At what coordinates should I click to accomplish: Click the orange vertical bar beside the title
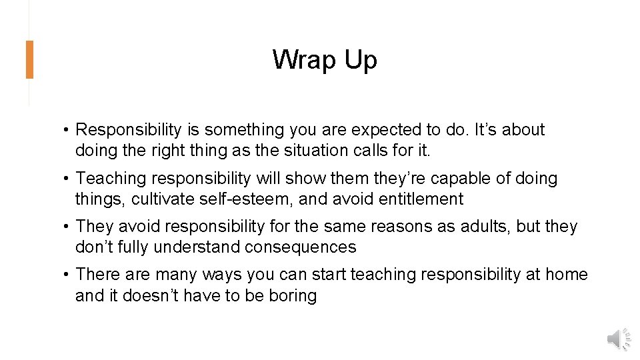pyautogui.click(x=29, y=60)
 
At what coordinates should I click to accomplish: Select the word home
pyautogui.click(x=566, y=274)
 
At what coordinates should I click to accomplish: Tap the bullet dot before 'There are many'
pyautogui.click(x=68, y=274)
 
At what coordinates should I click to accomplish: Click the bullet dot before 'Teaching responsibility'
pyautogui.click(x=68, y=178)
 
